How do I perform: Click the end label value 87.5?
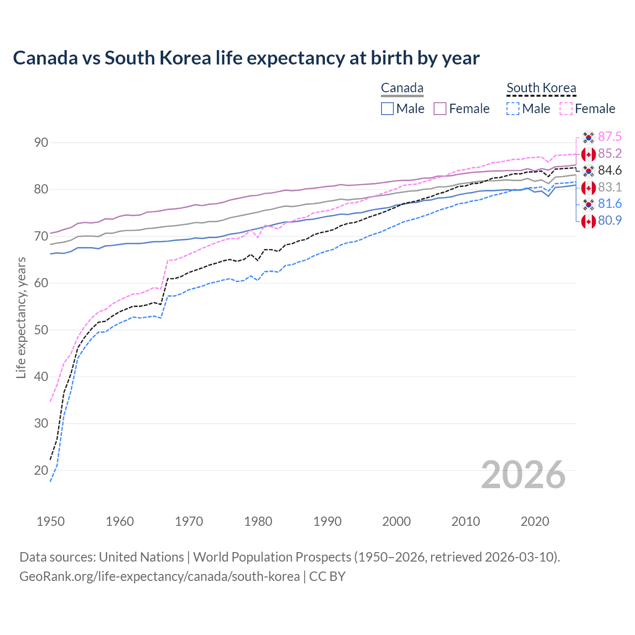pyautogui.click(x=610, y=137)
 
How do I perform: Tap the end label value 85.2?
pyautogui.click(x=610, y=154)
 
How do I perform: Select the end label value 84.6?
pyautogui.click(x=610, y=171)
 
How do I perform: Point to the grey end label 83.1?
pyautogui.click(x=610, y=188)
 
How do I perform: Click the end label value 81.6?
pyautogui.click(x=610, y=204)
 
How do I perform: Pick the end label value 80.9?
pyautogui.click(x=610, y=221)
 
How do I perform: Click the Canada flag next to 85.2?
pyautogui.click(x=588, y=154)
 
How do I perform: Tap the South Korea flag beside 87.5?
pyautogui.click(x=588, y=137)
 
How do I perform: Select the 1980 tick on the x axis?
pyautogui.click(x=258, y=521)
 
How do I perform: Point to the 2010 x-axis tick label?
pyautogui.click(x=465, y=521)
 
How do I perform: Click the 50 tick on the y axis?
pyautogui.click(x=41, y=330)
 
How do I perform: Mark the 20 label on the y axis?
pyautogui.click(x=41, y=470)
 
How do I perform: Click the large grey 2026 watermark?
pyautogui.click(x=523, y=475)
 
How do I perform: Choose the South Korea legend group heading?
pyautogui.click(x=541, y=88)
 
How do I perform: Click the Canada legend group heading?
pyautogui.click(x=402, y=88)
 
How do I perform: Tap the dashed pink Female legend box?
pyautogui.click(x=566, y=109)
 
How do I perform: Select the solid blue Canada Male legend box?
pyautogui.click(x=387, y=109)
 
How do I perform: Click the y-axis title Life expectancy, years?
pyautogui.click(x=21, y=317)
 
